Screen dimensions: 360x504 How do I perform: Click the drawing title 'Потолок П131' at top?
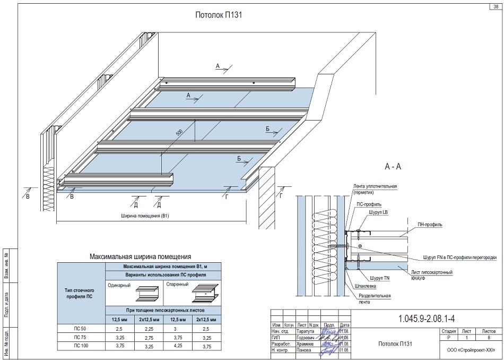(219, 15)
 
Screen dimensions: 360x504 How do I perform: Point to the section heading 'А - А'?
(393, 166)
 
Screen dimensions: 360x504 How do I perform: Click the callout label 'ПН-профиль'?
(430, 225)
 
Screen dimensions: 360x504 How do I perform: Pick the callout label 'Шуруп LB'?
(378, 211)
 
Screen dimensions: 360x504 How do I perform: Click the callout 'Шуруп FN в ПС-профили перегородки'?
(459, 258)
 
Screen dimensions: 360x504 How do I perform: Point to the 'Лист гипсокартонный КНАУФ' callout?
(432, 275)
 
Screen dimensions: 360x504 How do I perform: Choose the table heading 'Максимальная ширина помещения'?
(141, 256)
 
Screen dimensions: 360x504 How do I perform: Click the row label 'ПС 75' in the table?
(80, 338)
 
